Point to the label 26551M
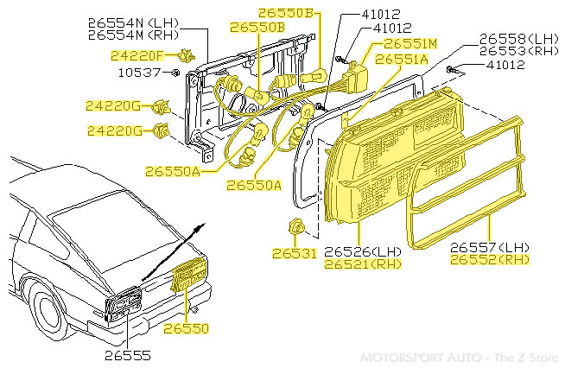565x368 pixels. coord(409,43)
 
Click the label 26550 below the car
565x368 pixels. coord(186,329)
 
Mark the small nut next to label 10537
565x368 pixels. coord(175,72)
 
